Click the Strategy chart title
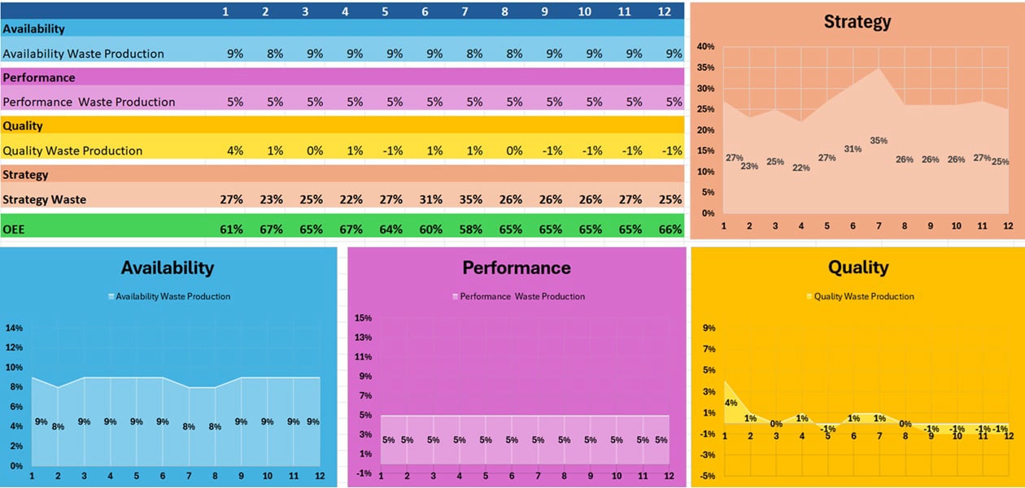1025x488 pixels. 857,22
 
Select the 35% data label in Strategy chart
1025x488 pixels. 878,141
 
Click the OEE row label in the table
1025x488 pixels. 13,229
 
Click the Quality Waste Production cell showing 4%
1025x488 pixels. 235,150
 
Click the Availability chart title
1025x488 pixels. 167,268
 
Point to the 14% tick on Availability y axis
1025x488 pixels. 14,329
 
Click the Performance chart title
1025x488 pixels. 517,268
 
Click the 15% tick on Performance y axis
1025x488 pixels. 363,318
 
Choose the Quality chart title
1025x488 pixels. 857,267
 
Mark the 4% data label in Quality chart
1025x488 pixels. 731,403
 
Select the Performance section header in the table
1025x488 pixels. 39,77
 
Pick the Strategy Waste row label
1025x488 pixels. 45,199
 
